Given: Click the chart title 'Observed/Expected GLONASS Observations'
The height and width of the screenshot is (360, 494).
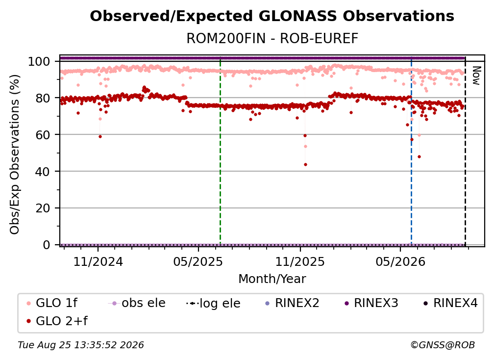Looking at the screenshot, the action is pyautogui.click(x=272, y=16).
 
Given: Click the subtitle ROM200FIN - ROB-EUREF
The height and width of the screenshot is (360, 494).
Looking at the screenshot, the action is pyautogui.click(x=272, y=38).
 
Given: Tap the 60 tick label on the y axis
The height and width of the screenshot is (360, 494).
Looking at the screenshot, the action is pyautogui.click(x=43, y=134).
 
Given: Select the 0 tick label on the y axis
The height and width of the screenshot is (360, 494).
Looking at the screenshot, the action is pyautogui.click(x=47, y=245).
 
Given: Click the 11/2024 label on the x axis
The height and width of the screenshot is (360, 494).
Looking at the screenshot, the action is pyautogui.click(x=98, y=261).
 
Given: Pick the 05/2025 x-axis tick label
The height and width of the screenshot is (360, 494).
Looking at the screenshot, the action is pyautogui.click(x=198, y=261).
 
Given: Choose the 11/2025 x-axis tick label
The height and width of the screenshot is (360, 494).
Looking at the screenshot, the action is pyautogui.click(x=300, y=261).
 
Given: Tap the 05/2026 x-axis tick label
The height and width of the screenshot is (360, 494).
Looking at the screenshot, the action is pyautogui.click(x=400, y=261).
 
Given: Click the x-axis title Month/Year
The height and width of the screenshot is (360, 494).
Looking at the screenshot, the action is pyautogui.click(x=272, y=279).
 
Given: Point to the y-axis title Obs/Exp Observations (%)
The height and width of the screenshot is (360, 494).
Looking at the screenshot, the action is pyautogui.click(x=15, y=154).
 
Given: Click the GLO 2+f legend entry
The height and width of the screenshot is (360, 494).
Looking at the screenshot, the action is pyautogui.click(x=57, y=321).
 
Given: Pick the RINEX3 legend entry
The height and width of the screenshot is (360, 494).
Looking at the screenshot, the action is pyautogui.click(x=371, y=303).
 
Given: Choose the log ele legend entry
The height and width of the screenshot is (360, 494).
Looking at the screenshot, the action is pyautogui.click(x=213, y=303).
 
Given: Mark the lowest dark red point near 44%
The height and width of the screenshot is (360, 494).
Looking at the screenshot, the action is pyautogui.click(x=305, y=165).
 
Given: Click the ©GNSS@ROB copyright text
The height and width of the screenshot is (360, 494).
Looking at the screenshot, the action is pyautogui.click(x=443, y=345).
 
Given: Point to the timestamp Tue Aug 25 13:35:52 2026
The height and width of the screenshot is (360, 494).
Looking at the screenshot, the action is pyautogui.click(x=81, y=345).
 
